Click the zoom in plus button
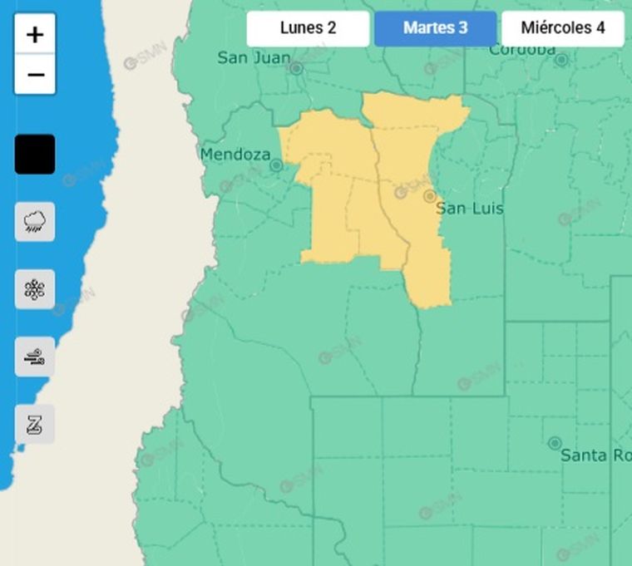(x=35, y=35)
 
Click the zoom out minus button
(x=35, y=75)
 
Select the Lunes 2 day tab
(x=308, y=28)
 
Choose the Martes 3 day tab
(x=435, y=28)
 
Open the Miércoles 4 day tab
(x=562, y=28)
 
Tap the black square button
(x=35, y=155)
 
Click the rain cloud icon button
(x=35, y=222)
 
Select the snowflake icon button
(x=35, y=289)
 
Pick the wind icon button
(x=35, y=357)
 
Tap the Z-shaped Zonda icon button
(x=35, y=425)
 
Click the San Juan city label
(x=254, y=58)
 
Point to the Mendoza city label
(x=235, y=155)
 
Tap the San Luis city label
(x=470, y=209)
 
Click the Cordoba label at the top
(x=521, y=50)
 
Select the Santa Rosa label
(x=595, y=455)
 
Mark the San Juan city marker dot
(x=296, y=68)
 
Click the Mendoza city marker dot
(x=276, y=165)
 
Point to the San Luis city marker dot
(x=430, y=197)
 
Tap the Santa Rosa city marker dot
(x=555, y=443)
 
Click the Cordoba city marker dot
(x=561, y=60)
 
